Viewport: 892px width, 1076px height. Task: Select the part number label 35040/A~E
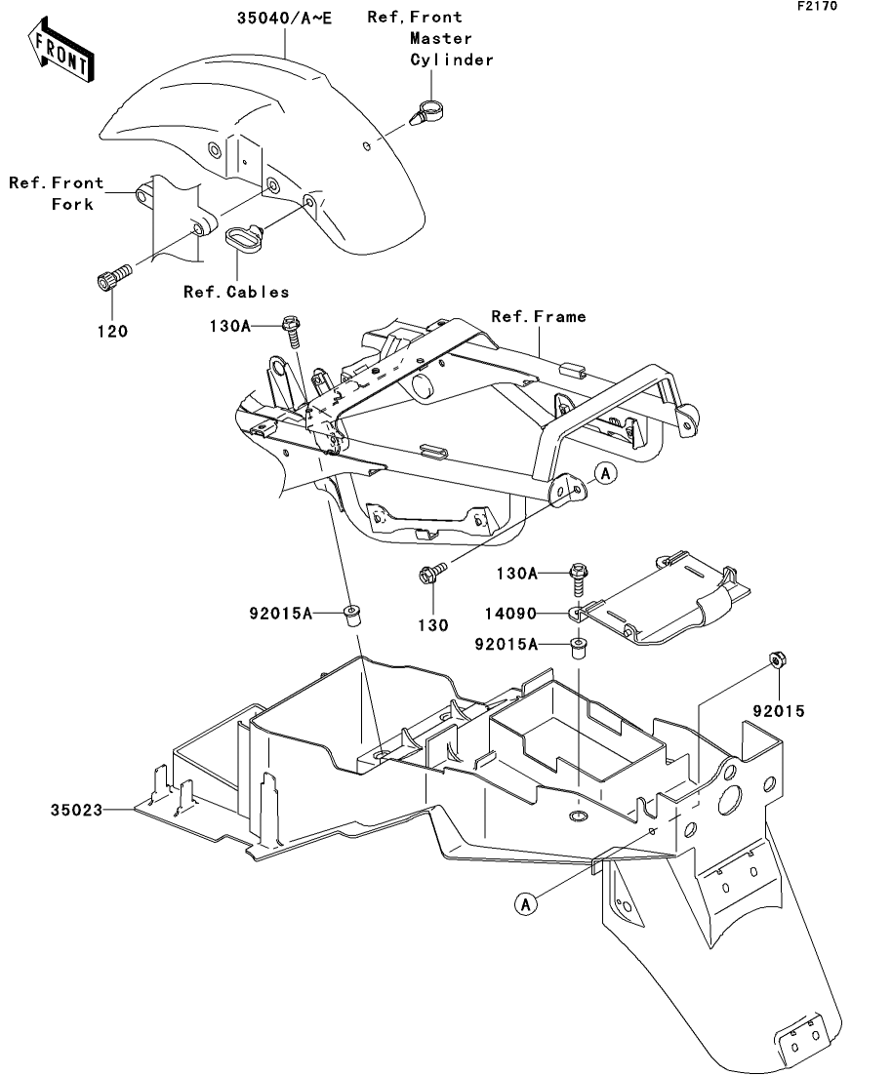point(284,18)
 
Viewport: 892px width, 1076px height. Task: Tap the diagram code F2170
point(817,6)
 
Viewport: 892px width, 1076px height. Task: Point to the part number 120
point(111,331)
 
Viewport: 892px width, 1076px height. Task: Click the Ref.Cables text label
point(236,291)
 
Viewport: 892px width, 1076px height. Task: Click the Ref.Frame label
point(539,316)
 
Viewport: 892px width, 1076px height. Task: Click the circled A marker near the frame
point(605,474)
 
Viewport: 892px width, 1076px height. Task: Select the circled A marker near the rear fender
point(526,904)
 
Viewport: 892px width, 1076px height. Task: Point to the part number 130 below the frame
point(433,624)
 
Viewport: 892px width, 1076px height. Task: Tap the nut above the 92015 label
point(776,661)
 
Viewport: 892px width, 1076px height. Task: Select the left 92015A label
point(280,614)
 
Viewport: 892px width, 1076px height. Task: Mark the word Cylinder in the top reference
point(451,60)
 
